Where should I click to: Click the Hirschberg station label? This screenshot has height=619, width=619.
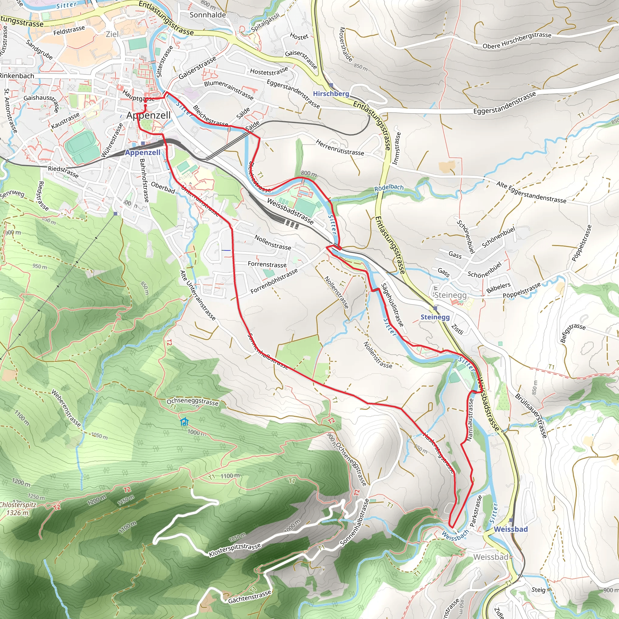tap(331, 94)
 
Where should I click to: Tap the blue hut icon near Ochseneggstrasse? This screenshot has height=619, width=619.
tap(184, 422)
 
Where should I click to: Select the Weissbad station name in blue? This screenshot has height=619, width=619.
tap(510, 529)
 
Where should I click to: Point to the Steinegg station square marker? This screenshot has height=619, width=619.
tap(435, 308)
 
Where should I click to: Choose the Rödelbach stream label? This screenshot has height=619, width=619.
tap(389, 187)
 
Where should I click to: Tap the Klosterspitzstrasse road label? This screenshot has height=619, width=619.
tap(235, 550)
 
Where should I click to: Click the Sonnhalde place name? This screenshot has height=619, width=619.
tap(208, 15)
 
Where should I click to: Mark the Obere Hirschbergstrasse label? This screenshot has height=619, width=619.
tap(517, 41)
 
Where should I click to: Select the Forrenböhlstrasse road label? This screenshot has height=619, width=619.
tap(274, 281)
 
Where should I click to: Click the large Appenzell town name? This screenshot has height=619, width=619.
tap(148, 115)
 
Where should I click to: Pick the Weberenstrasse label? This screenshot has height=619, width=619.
tap(66, 408)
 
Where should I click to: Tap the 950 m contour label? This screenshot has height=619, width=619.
tap(39, 266)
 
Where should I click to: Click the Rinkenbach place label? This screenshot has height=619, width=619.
tap(17, 76)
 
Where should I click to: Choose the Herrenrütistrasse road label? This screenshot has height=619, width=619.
tap(340, 147)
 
